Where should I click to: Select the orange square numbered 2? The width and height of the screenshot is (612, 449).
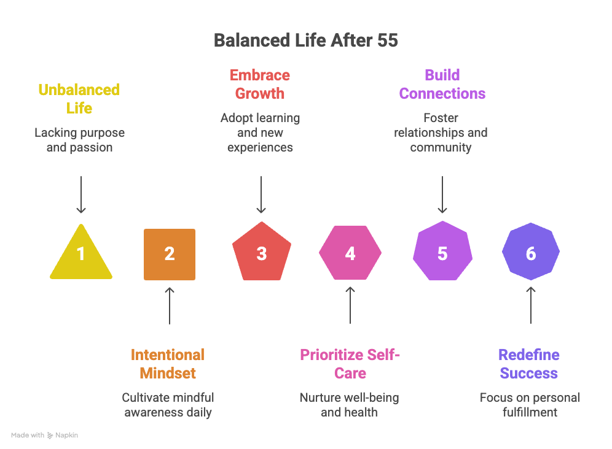pos(170,254)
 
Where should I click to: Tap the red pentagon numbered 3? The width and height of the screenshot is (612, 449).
pos(261,253)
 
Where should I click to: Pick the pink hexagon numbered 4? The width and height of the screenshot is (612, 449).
pos(350,253)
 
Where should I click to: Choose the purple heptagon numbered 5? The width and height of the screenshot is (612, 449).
pos(442,253)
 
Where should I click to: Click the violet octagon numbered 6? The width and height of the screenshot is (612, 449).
pos(531,253)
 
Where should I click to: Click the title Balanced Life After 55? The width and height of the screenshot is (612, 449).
pos(305,40)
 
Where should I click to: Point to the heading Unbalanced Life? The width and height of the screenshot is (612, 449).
pos(79,99)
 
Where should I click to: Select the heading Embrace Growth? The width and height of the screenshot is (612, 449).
pos(260,84)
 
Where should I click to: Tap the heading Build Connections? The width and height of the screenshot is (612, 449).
pos(442,84)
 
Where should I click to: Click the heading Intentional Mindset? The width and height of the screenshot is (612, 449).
pos(168,364)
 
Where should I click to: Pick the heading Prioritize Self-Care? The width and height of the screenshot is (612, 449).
pos(350,364)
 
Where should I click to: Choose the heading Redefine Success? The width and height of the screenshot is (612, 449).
pos(529,364)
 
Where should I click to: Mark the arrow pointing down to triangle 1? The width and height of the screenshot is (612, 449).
pos(80,195)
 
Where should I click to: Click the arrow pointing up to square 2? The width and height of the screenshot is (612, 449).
pos(170,305)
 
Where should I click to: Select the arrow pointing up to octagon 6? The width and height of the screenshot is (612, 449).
pos(531,305)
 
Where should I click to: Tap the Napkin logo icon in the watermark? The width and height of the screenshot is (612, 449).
pos(50,435)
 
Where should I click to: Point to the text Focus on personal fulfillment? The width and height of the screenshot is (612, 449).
pos(529,405)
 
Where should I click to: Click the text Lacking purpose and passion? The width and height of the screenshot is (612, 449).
pos(79,140)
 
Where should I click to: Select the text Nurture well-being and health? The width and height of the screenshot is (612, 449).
pos(349,405)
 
